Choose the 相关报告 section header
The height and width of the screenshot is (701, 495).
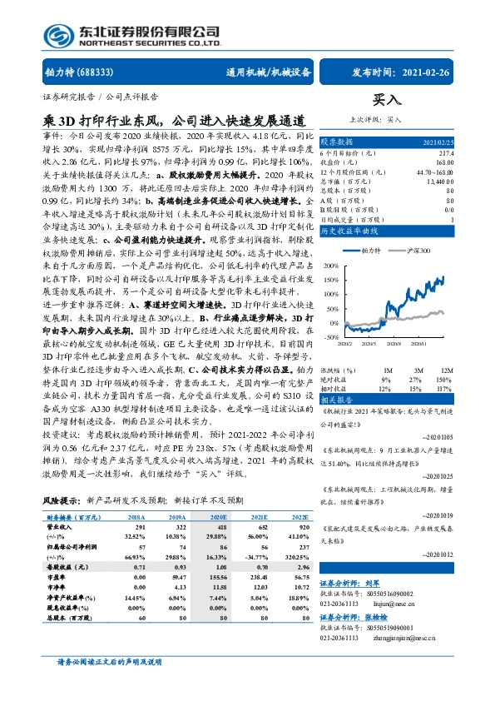click(x=338, y=377)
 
